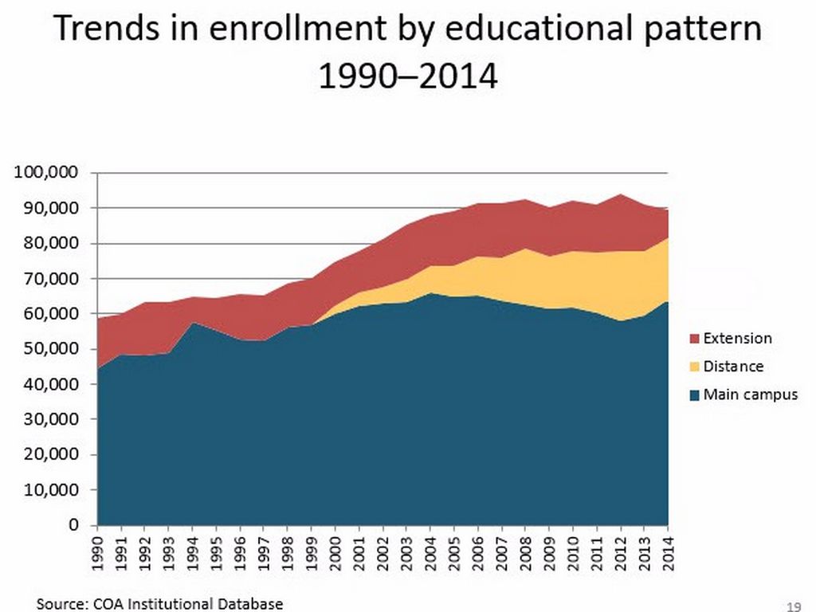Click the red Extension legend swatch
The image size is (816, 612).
[694, 339]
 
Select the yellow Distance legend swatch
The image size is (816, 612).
[694, 367]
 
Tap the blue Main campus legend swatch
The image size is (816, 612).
[694, 395]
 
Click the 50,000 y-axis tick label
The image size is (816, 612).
[53, 349]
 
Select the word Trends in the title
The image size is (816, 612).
[103, 30]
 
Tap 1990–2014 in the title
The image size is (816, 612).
[408, 77]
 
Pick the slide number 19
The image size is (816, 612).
[793, 603]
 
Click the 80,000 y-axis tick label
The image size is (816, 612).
[53, 243]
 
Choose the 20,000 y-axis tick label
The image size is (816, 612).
[53, 455]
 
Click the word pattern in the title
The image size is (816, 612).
[701, 30]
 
